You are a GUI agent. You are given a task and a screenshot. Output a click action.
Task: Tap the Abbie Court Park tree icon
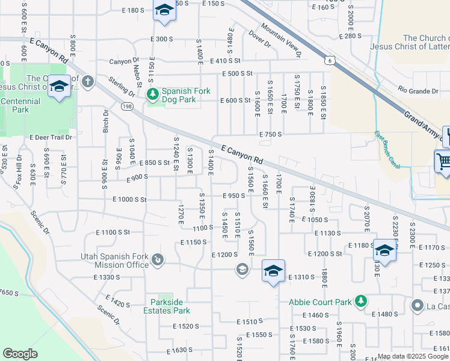[x=360, y=301]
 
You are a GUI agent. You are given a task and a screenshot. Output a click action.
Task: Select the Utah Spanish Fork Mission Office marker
[x=158, y=260]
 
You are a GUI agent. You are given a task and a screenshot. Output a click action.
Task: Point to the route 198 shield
[x=128, y=106]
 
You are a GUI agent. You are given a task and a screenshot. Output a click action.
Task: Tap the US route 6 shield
[x=328, y=60]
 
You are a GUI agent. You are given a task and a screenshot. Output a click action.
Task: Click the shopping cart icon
[x=443, y=161]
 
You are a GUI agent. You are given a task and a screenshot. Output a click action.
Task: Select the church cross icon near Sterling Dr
[x=88, y=81]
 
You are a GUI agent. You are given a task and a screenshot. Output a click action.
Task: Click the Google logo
[x=20, y=354]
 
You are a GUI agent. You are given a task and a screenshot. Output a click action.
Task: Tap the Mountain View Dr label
[x=281, y=40]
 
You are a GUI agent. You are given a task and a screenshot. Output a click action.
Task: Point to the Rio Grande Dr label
[x=418, y=91]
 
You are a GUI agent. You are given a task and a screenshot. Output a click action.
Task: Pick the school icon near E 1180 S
[x=384, y=250]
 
